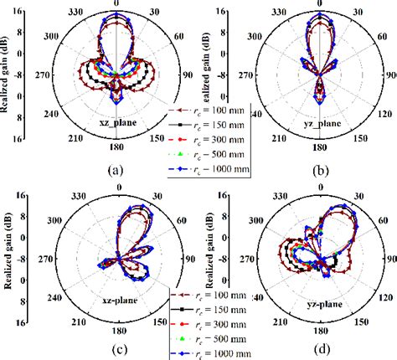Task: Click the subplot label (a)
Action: (x=116, y=169)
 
